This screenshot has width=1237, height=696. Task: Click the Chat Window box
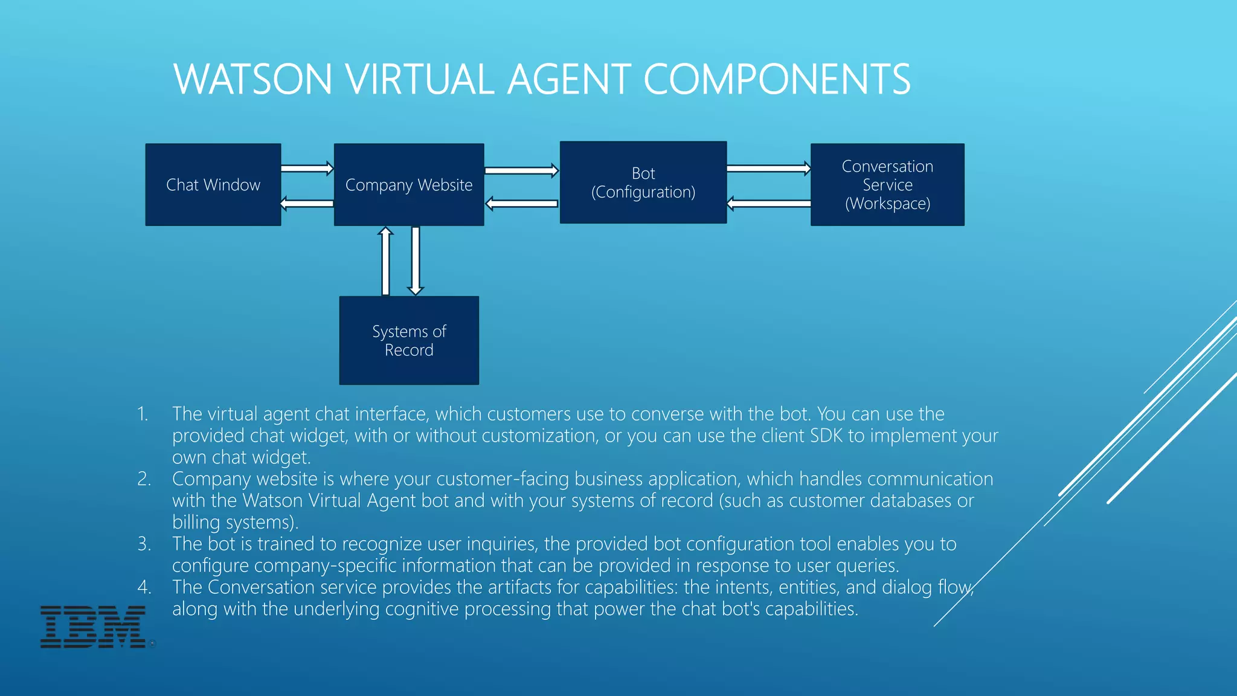[x=213, y=185]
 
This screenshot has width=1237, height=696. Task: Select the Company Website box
[x=409, y=185]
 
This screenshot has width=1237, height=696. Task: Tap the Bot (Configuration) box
[x=643, y=182]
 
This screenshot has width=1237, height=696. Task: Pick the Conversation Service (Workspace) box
[x=887, y=185]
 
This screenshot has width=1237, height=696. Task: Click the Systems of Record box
[x=409, y=340]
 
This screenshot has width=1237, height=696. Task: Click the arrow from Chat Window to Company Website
[x=307, y=168]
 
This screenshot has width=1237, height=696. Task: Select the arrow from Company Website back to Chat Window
[x=307, y=204]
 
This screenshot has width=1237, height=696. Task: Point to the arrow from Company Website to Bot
[x=521, y=170]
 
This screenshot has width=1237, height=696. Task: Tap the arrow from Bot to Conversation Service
[x=768, y=168]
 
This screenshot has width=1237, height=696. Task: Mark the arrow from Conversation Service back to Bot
[x=768, y=204]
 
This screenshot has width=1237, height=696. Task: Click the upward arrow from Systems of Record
[x=385, y=261]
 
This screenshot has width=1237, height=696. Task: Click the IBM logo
[x=93, y=627]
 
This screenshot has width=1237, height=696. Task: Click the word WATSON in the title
[x=252, y=79]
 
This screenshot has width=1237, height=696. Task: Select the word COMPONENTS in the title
[x=777, y=79]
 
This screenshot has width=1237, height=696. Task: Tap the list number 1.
[x=142, y=414]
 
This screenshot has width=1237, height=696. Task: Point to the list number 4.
[x=144, y=587]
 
